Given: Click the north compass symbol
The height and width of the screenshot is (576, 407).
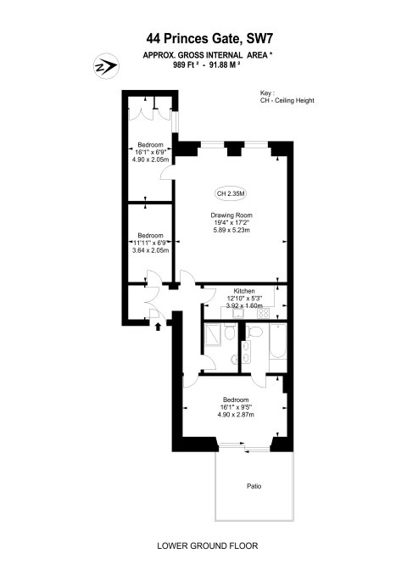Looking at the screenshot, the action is coord(106,66).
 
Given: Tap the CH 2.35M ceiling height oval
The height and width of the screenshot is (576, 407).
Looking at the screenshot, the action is coord(231,193).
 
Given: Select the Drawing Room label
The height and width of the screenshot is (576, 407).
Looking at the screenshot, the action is coord(231,215).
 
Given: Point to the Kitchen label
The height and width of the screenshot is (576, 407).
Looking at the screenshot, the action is coord(244,291).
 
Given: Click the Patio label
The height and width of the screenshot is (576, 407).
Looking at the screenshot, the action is coord(254,486).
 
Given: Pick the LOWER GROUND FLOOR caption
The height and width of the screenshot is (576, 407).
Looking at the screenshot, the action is coord(208,545).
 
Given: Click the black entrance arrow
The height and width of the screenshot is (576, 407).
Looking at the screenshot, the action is coord(159,327).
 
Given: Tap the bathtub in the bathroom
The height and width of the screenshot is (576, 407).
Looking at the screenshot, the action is coord(278,341).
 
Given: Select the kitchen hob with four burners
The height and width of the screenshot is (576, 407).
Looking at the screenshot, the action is coord(263,313).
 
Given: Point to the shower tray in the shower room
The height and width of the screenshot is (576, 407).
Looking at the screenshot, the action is coord(213,334).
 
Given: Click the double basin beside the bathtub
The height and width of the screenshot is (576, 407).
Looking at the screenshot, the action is coord(246,352).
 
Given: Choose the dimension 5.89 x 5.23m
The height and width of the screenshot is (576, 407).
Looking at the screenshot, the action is coord(231,231).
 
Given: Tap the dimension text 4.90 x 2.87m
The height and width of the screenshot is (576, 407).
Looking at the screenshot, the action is coord(236,415).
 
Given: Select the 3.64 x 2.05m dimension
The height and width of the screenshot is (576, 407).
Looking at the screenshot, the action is coord(151,250).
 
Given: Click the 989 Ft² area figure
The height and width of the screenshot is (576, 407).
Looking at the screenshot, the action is coord(186,64).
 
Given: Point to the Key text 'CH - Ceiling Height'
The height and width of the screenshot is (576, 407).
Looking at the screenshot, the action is coord(287,100).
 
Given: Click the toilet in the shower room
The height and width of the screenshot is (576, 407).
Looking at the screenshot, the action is coord(230,333).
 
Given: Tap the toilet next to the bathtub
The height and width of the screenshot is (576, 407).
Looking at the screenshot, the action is coord(255,332).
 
